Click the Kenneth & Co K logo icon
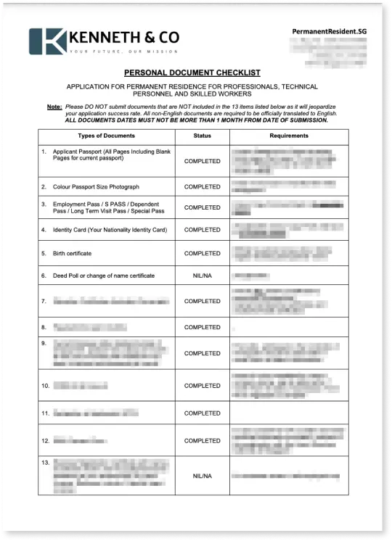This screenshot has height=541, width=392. coord(47,41)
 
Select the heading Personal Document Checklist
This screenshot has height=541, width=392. coord(192,73)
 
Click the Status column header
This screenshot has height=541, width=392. coord(202,136)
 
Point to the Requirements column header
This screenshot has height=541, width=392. coord(289,136)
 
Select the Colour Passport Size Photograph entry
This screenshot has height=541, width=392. coord(95,187)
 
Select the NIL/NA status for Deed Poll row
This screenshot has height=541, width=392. coord(202,276)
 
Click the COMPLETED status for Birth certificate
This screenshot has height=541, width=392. coord(202,254)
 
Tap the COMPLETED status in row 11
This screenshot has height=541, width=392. coord(202,413)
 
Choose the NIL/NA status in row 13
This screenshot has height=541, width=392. coord(202,476)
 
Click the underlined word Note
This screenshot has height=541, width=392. coord(54,107)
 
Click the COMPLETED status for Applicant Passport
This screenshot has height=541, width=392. coord(202,161)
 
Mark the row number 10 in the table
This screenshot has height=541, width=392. coord(46,386)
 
